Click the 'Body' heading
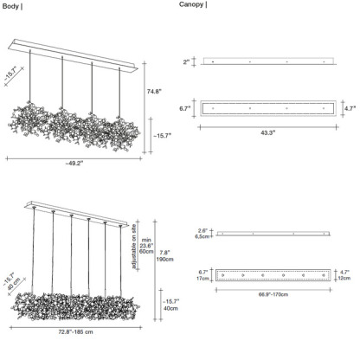coord(11,5)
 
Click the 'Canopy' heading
coord(192,5)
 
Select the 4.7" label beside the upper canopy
coord(350,110)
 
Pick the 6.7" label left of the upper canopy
coord(184,110)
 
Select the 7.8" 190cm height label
coord(164,257)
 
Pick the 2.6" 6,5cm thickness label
coord(202,233)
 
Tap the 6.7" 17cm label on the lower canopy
coord(202,275)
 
